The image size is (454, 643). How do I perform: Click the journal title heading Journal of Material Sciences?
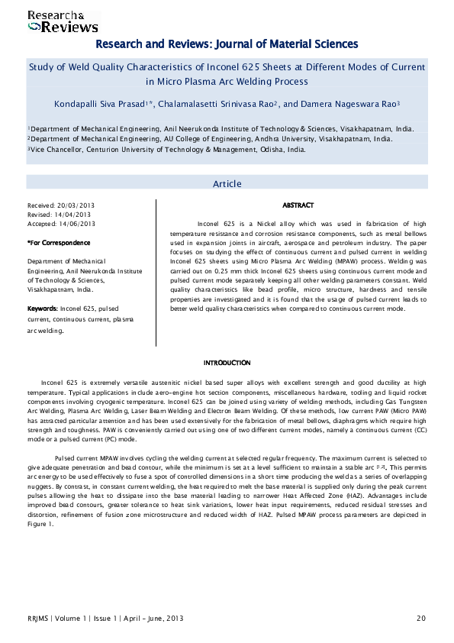click(226, 44)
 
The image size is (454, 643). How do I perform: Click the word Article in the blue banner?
click(227, 183)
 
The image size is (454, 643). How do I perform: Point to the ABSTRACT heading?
click(298, 206)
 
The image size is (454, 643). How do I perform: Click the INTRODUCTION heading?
click(227, 362)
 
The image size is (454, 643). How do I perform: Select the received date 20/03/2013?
click(77, 206)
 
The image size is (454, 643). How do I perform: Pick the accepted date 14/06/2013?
click(77, 224)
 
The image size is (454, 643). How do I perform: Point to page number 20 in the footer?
click(421, 617)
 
